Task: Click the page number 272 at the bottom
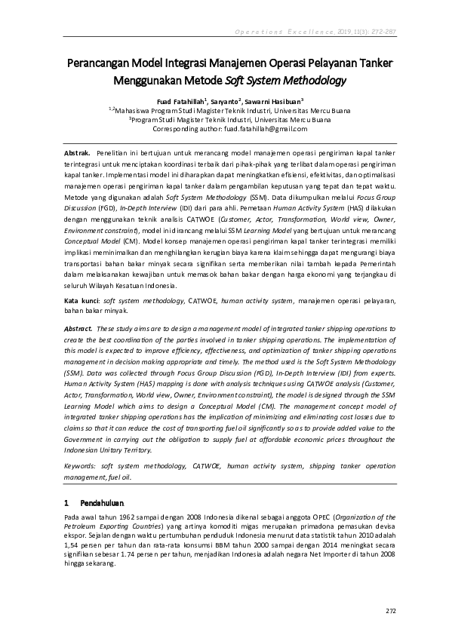pos(390,609)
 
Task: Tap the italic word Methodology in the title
pos(308,80)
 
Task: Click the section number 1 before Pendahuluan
pos(67,502)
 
